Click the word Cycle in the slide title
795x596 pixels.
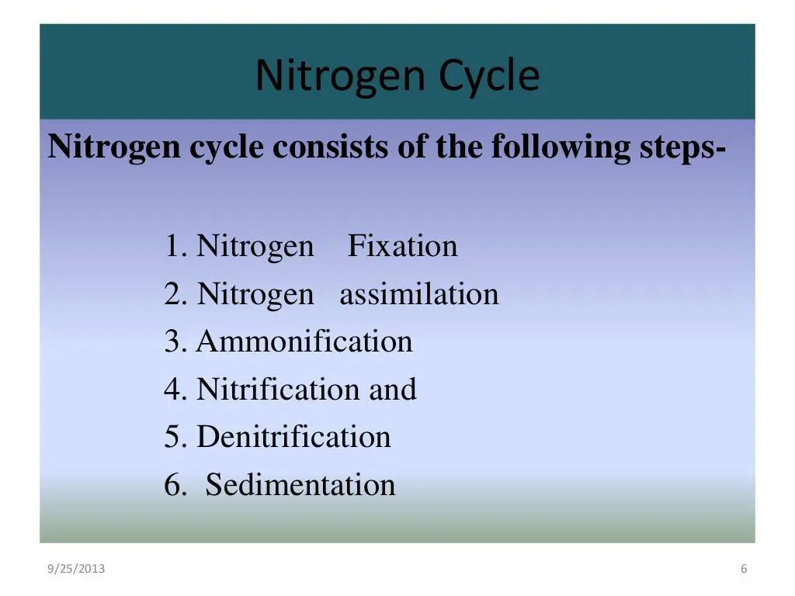(x=489, y=76)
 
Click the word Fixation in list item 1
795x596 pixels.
(x=402, y=247)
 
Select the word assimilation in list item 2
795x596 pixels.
(x=418, y=295)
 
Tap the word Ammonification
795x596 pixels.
(x=304, y=342)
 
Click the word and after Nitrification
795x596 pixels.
(x=393, y=390)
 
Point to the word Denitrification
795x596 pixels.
(x=293, y=437)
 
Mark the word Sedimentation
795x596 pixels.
(x=300, y=485)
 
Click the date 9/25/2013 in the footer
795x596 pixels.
(x=76, y=570)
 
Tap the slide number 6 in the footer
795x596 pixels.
(x=744, y=570)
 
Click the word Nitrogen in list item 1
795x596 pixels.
(x=255, y=247)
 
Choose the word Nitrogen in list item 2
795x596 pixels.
(x=255, y=295)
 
